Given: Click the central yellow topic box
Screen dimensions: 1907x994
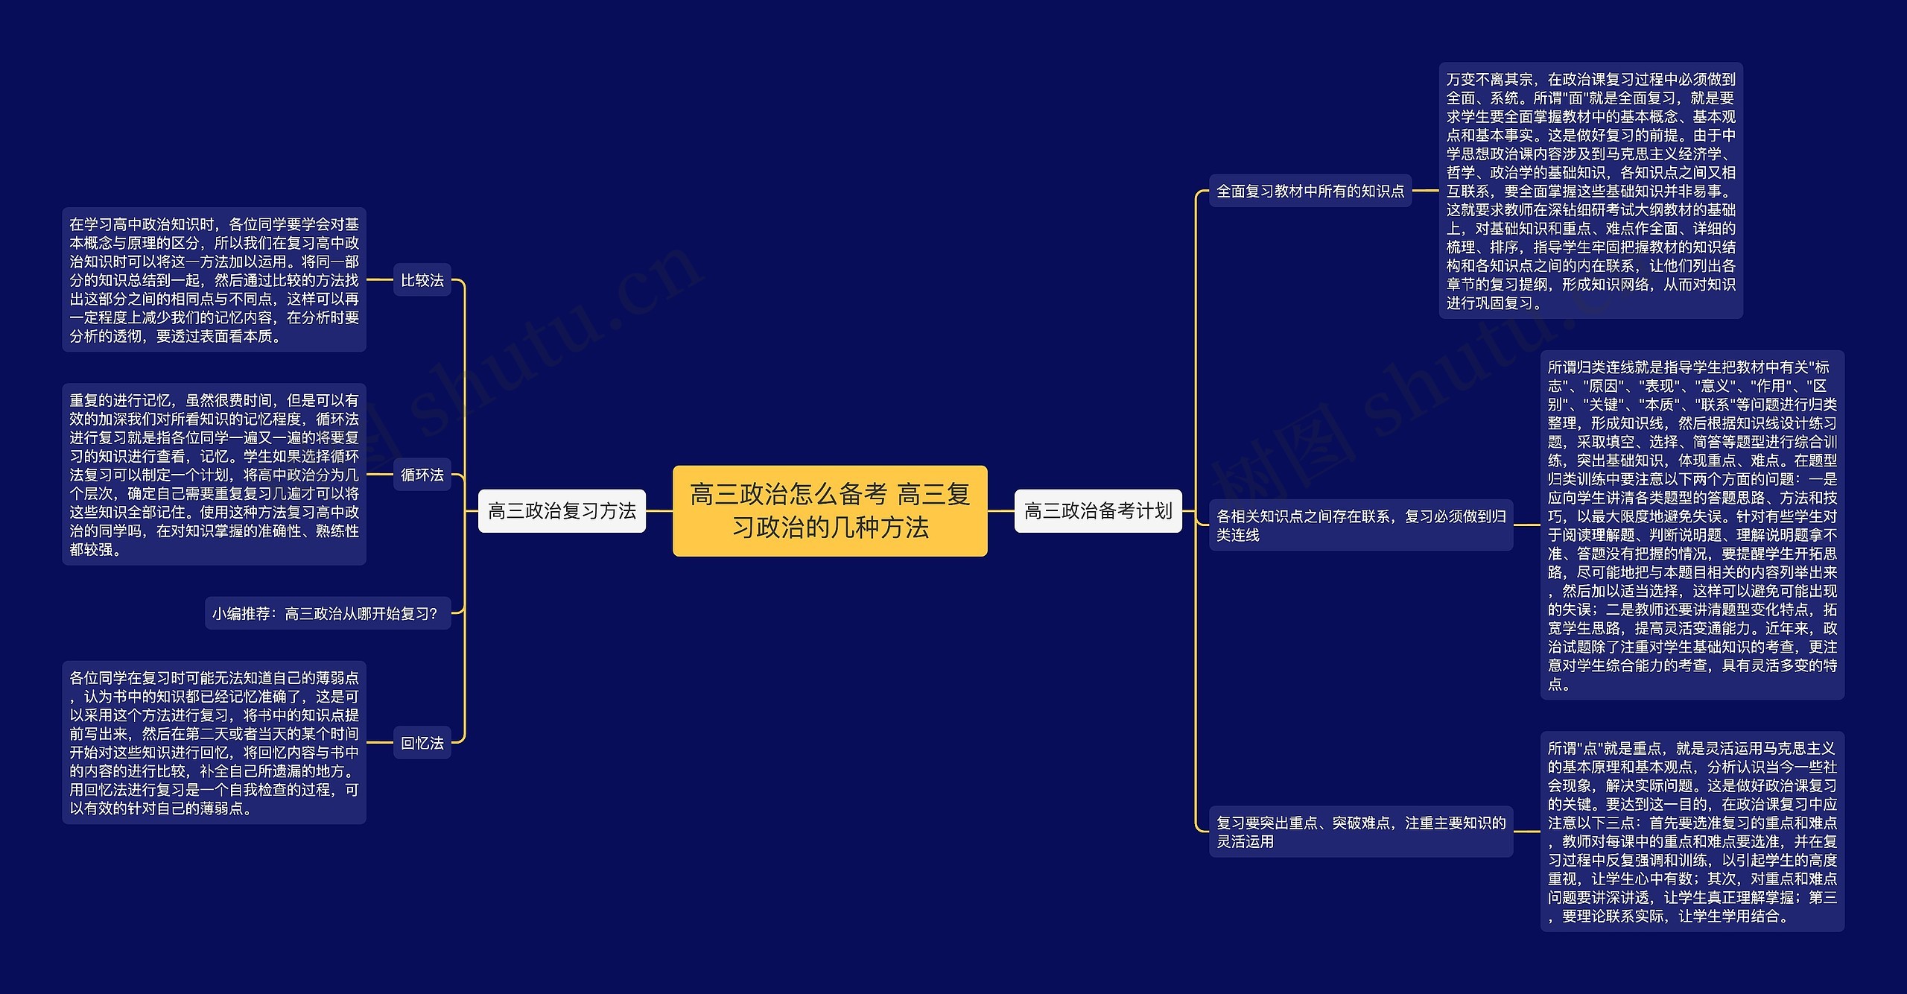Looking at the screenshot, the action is pyautogui.click(x=830, y=510).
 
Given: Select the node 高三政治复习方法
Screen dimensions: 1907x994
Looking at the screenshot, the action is pyautogui.click(x=562, y=510).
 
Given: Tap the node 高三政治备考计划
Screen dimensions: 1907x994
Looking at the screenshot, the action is pyautogui.click(x=1098, y=510).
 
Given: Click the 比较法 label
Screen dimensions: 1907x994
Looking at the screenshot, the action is pyautogui.click(x=422, y=280).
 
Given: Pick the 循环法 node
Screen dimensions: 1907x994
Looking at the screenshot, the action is pyautogui.click(x=422, y=475).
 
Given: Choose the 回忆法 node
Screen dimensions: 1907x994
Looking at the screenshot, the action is pyautogui.click(x=422, y=743).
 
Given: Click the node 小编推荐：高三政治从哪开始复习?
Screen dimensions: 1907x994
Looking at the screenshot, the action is pyautogui.click(x=328, y=613).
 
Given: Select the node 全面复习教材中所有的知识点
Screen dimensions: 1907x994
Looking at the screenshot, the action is pyautogui.click(x=1310, y=191).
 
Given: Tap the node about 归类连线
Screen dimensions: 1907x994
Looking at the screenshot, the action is pyautogui.click(x=1361, y=525).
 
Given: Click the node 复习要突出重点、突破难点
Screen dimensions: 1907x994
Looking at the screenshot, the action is pyautogui.click(x=1361, y=832).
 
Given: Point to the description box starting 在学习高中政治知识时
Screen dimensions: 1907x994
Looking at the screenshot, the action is pyautogui.click(x=214, y=279).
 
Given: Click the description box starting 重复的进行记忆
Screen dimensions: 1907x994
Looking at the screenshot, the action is pyautogui.click(x=214, y=475).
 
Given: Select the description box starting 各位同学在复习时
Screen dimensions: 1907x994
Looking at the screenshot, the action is pyautogui.click(x=214, y=743).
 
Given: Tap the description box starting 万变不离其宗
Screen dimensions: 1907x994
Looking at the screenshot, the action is pyautogui.click(x=1590, y=191).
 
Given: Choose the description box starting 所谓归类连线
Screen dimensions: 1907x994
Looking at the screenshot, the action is pyautogui.click(x=1692, y=525).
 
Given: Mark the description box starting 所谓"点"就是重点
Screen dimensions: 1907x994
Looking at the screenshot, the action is pyautogui.click(x=1692, y=832).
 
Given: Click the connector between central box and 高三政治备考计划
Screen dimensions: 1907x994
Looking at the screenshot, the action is pyautogui.click(x=1001, y=511).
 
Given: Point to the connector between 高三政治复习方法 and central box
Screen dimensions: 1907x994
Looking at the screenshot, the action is pyautogui.click(x=659, y=511).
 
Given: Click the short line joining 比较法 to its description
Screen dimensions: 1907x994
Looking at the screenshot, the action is pyautogui.click(x=379, y=280).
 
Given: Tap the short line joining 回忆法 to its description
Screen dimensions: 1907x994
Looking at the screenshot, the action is pyautogui.click(x=379, y=743).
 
